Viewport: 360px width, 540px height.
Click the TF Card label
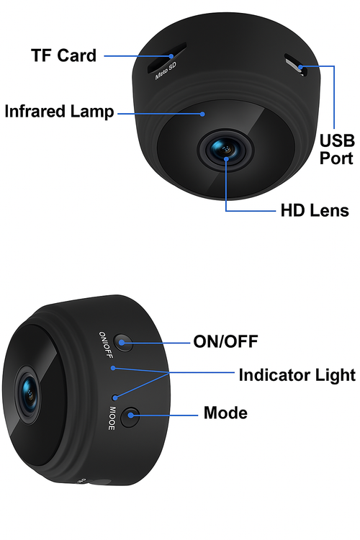[x=64, y=55]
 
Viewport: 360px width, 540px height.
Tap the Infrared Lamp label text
[x=59, y=112]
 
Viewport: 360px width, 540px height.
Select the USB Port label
[x=336, y=150]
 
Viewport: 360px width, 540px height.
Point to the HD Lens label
[x=315, y=210]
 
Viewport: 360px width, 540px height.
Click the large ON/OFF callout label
[x=225, y=341]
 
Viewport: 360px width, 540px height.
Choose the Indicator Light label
[x=297, y=375]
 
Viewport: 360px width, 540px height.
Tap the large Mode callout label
[x=225, y=413]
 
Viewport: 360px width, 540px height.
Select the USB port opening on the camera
[x=296, y=65]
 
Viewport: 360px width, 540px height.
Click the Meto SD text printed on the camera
[x=166, y=71]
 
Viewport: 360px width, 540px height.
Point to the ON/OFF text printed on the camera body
[x=106, y=345]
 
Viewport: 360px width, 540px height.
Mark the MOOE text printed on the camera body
[x=112, y=418]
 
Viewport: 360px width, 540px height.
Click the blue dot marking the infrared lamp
[x=203, y=114]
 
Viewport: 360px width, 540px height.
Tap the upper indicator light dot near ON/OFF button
[x=112, y=368]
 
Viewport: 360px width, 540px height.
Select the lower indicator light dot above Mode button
[x=115, y=397]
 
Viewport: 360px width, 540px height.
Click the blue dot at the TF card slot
[x=171, y=55]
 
